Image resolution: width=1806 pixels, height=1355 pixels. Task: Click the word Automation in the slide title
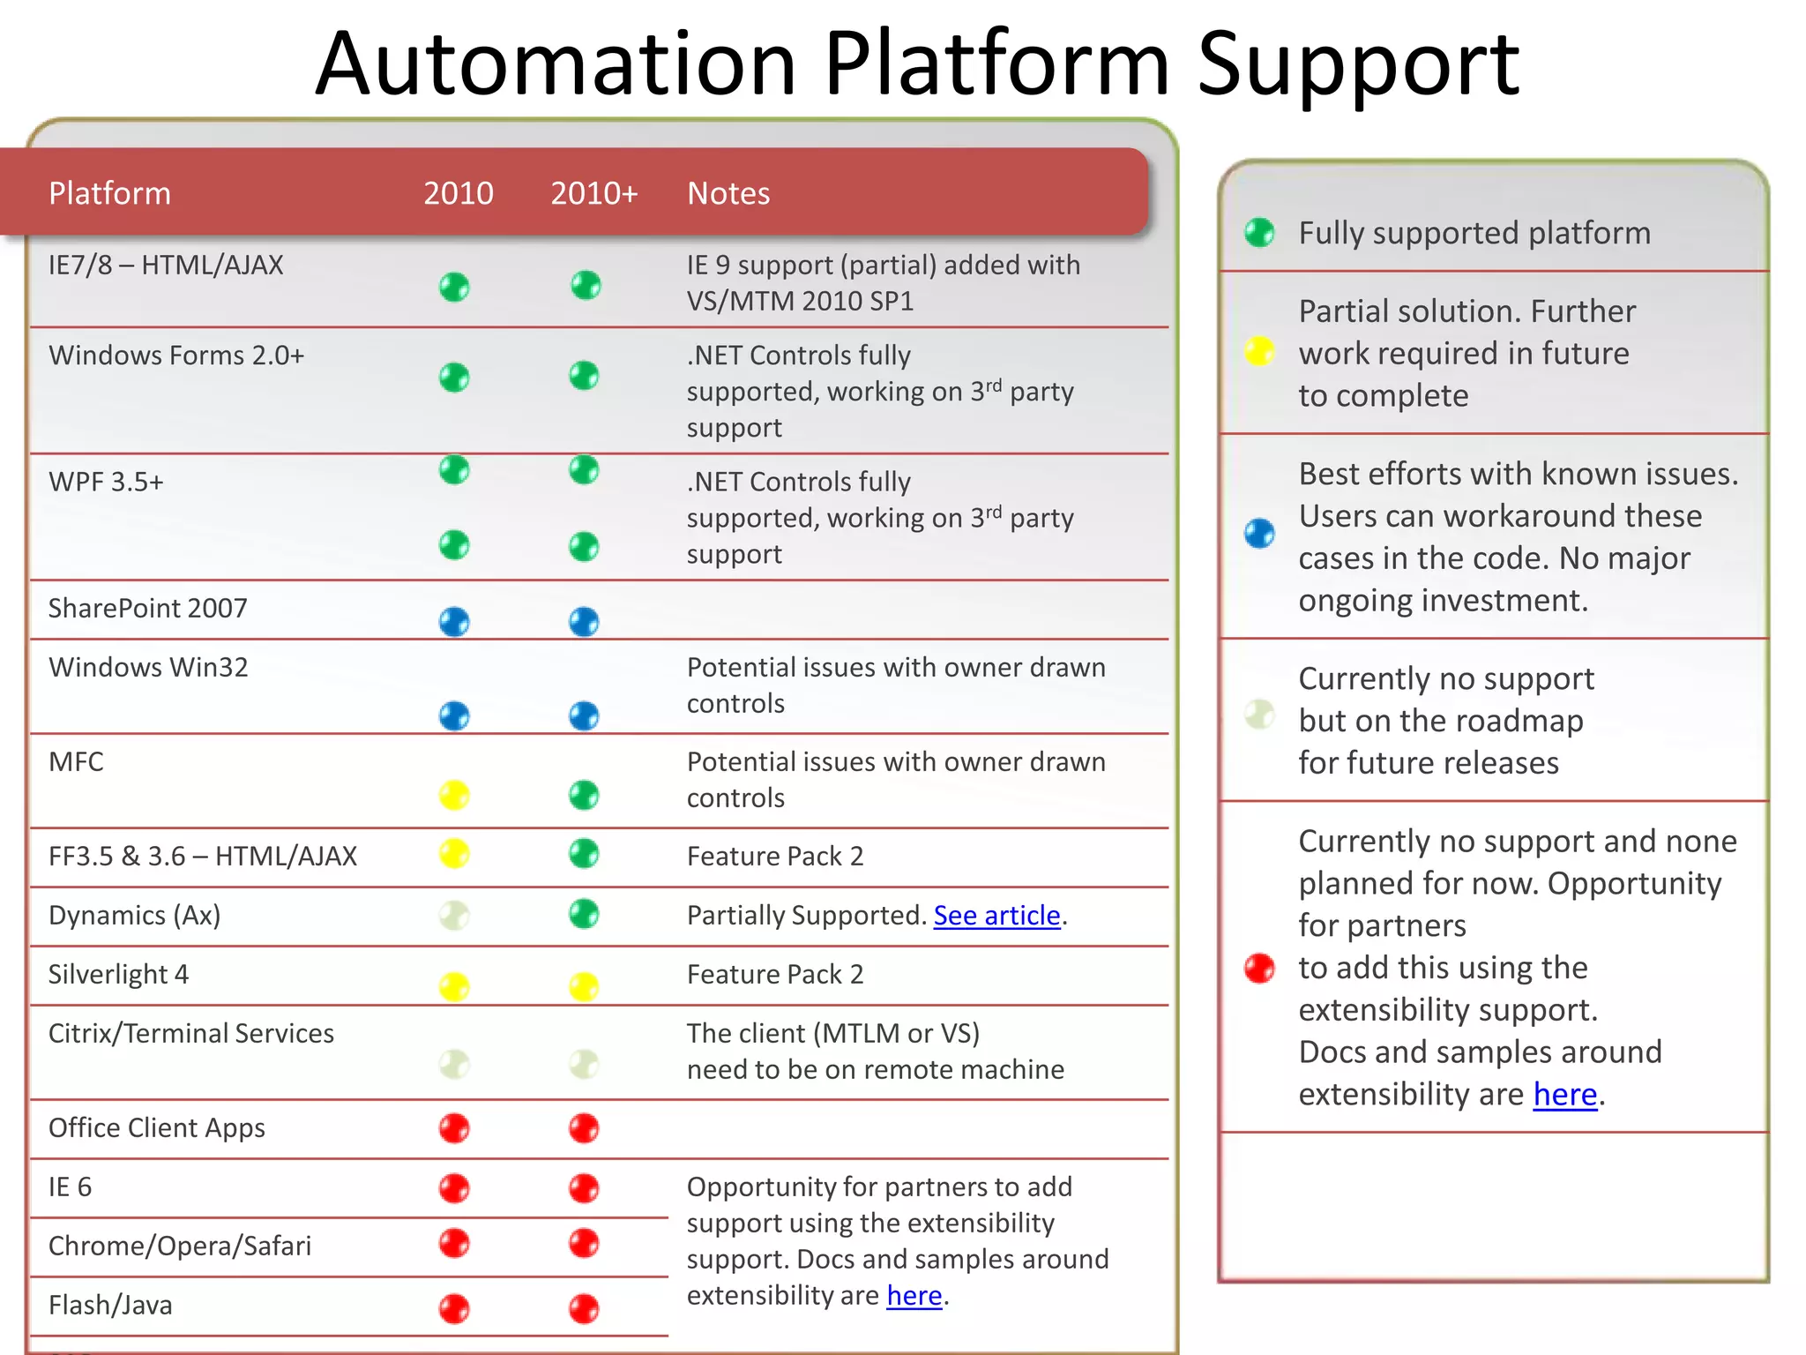tap(556, 64)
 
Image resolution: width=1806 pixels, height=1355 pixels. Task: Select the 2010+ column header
tap(593, 193)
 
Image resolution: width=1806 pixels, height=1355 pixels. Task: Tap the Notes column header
tap(728, 193)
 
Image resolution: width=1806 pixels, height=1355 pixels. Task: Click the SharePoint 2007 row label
tap(147, 608)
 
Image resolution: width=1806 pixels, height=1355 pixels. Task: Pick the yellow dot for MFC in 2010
tap(454, 795)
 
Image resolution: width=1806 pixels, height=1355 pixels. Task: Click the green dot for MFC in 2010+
tap(584, 795)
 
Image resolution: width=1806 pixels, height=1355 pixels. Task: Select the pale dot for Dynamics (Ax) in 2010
tap(454, 915)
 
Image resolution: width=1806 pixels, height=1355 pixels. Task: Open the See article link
tap(996, 916)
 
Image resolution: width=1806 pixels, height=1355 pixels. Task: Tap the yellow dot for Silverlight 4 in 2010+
tap(584, 985)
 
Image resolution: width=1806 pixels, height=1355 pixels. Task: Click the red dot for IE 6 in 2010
tap(454, 1187)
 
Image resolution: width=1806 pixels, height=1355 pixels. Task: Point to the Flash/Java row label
tap(110, 1305)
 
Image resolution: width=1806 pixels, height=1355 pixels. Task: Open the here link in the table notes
tap(914, 1295)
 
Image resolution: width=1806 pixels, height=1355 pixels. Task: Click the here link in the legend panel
tap(1565, 1094)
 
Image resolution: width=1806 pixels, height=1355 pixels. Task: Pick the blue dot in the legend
tap(1259, 533)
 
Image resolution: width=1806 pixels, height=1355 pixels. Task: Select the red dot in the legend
tap(1259, 968)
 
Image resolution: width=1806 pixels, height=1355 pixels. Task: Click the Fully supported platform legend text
tap(1474, 233)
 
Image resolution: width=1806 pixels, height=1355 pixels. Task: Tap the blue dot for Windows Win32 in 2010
tap(454, 715)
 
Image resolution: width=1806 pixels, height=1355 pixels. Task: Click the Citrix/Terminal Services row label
tap(191, 1033)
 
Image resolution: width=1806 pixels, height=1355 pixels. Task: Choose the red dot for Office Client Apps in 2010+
tap(584, 1127)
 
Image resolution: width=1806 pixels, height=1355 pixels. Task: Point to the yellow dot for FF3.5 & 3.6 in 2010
tap(454, 853)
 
